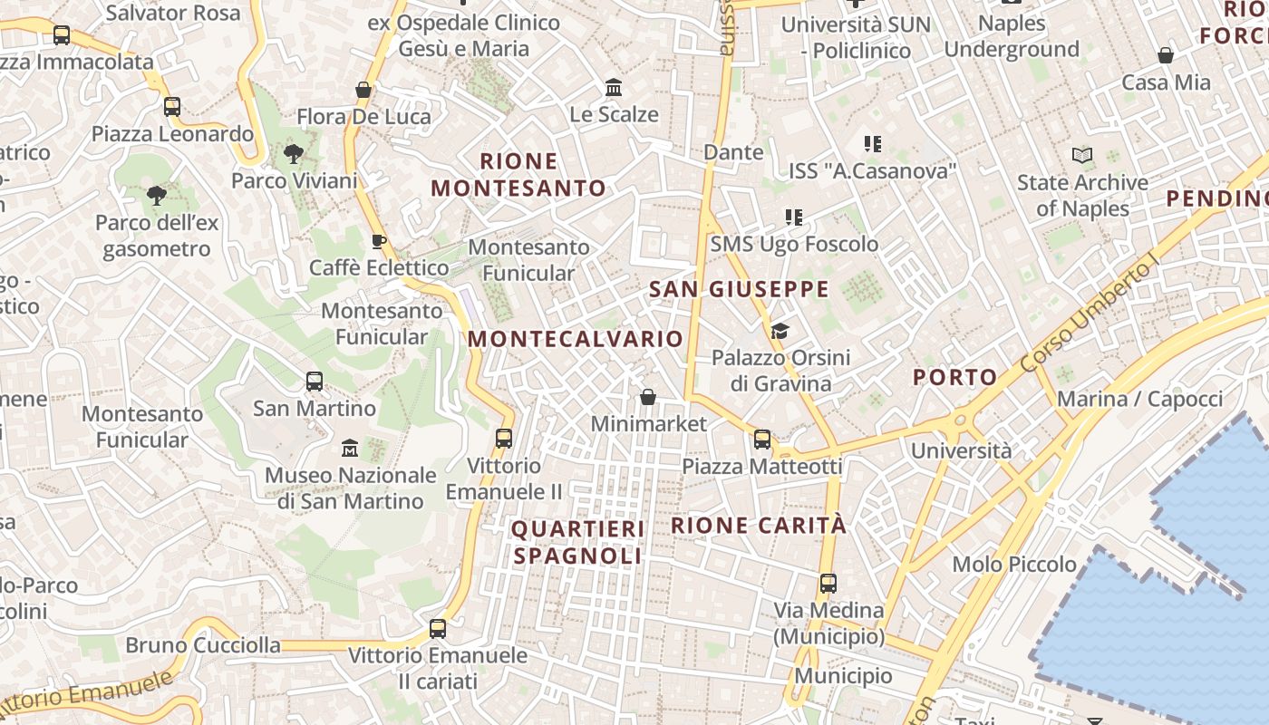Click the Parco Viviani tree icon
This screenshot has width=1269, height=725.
point(293,154)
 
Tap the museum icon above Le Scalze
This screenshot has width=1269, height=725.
point(614,88)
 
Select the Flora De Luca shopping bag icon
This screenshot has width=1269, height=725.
point(363,90)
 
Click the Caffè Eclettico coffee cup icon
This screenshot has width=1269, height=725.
point(379,241)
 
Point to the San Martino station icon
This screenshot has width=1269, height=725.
point(315,382)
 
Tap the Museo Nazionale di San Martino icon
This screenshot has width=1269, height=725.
point(350,449)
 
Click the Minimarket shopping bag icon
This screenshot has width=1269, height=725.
point(648,397)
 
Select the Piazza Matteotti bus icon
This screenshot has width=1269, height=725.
point(762,440)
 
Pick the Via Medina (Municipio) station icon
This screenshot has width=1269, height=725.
point(828,584)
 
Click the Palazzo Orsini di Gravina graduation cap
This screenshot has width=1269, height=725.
point(780,331)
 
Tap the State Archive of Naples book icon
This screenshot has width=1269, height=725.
point(1082,156)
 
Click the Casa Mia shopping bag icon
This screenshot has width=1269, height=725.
point(1166,55)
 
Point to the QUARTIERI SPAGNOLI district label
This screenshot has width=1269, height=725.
point(578,542)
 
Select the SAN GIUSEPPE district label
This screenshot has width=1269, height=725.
point(740,290)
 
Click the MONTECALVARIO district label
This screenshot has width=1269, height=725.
point(576,339)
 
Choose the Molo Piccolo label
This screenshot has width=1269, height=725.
point(1014,565)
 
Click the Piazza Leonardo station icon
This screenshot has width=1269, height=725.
point(172,107)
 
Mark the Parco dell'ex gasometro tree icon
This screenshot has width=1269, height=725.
point(156,195)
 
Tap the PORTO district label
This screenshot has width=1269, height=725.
point(954,377)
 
